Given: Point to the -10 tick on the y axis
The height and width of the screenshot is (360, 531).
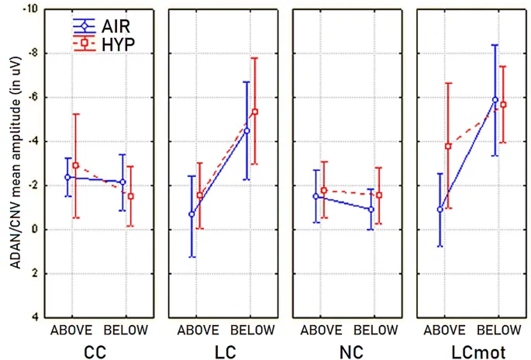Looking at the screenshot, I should point(34,9).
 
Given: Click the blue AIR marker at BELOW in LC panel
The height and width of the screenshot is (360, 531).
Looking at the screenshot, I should point(247,130).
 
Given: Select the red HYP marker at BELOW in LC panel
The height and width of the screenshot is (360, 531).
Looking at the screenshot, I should point(254,112).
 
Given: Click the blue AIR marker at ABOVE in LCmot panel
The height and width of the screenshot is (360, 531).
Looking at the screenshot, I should point(440,209).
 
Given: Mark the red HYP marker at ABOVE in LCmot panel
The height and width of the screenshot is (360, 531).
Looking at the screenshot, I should point(448,146).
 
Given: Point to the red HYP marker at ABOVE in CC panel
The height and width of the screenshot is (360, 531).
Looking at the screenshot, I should point(75,165).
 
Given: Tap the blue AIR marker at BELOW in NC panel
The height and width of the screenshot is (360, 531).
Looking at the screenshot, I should point(371,209).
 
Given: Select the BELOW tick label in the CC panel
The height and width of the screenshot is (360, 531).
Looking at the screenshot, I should point(126,331).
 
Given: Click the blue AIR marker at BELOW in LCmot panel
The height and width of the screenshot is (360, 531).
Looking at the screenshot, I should point(495,99).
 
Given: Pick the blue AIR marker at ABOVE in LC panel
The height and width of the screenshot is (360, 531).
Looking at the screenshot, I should point(191,214).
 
